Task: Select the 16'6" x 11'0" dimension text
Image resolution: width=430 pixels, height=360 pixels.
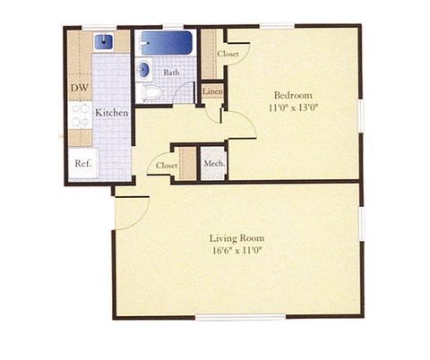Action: [236, 251]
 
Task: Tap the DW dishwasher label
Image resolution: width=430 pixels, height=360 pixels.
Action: [79, 88]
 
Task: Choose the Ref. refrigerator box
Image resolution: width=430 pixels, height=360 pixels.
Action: [82, 163]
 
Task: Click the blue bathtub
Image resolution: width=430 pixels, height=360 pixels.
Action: [168, 42]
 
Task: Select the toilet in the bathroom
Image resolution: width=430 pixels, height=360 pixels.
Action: [151, 90]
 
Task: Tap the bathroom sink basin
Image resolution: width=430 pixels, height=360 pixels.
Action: [143, 68]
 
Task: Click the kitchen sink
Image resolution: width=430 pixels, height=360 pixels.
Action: [103, 40]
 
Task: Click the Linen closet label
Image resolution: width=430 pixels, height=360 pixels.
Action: [212, 91]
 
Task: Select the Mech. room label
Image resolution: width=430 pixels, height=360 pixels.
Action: [213, 164]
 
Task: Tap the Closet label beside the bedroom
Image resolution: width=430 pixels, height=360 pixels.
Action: [228, 55]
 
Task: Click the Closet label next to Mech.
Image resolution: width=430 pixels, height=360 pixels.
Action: [167, 166]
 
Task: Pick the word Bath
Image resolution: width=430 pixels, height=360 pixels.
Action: [172, 73]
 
